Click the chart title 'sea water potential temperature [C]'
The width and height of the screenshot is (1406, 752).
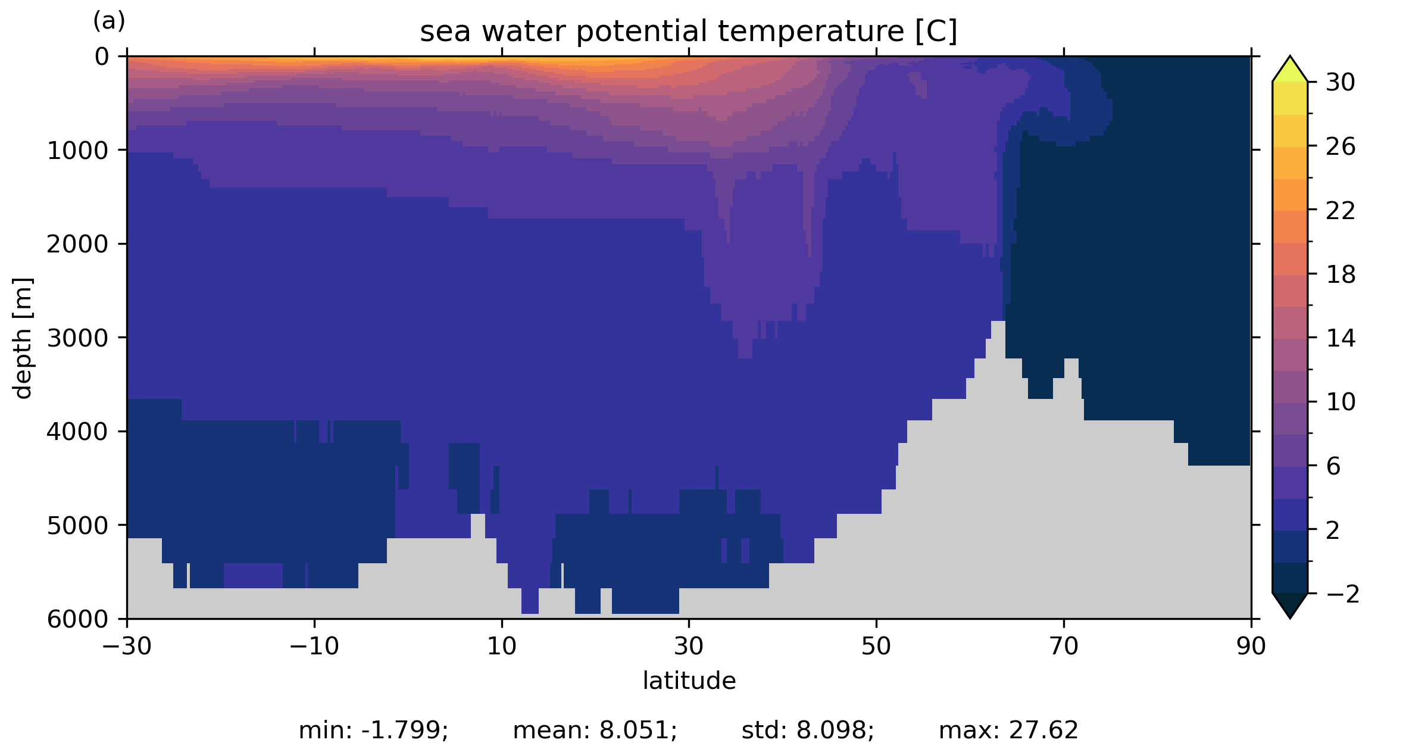[688, 31]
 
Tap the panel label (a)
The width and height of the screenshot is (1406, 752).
[109, 21]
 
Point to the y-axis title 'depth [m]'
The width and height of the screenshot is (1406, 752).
[23, 338]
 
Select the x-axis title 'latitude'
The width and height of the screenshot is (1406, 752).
[689, 681]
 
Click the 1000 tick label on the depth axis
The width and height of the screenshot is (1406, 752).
[77, 151]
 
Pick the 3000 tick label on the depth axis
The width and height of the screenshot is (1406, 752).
[77, 338]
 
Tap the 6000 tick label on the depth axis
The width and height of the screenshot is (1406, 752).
[77, 620]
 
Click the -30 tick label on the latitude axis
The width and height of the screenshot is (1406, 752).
[127, 646]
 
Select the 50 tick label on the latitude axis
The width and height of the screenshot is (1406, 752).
[876, 646]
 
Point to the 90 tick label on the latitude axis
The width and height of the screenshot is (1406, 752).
[1251, 646]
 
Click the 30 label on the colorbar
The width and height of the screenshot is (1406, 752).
[1341, 83]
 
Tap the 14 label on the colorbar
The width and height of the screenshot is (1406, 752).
[1341, 338]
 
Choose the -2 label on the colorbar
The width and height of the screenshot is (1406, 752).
[1343, 594]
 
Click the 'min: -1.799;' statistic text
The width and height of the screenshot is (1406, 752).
[373, 731]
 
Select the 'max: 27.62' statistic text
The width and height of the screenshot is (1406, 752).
[1008, 731]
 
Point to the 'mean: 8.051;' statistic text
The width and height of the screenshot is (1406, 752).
[595, 731]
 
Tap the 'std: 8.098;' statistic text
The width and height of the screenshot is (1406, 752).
[808, 731]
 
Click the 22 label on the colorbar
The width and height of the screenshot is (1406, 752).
[1341, 211]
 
